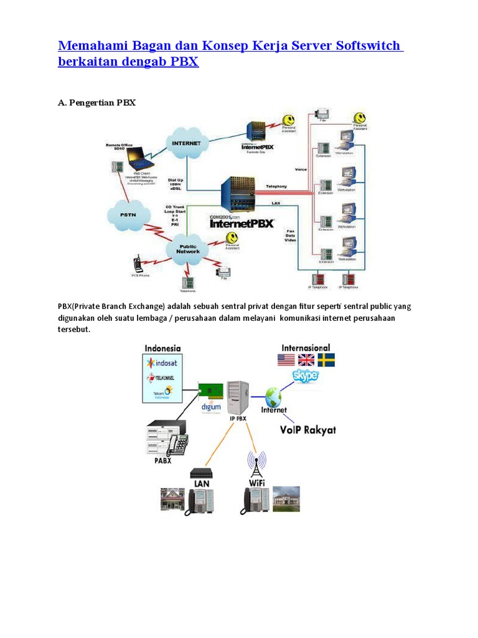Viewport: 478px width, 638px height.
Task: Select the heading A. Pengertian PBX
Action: click(96, 103)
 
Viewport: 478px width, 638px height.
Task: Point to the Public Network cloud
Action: click(188, 249)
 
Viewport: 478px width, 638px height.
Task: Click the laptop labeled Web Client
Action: click(141, 159)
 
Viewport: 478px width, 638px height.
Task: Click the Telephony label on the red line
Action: click(276, 186)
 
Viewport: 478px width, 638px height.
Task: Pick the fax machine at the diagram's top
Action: click(322, 115)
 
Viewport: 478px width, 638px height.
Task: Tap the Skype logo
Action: click(305, 376)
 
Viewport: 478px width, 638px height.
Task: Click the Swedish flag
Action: click(326, 360)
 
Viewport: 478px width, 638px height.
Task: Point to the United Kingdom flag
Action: click(306, 360)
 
